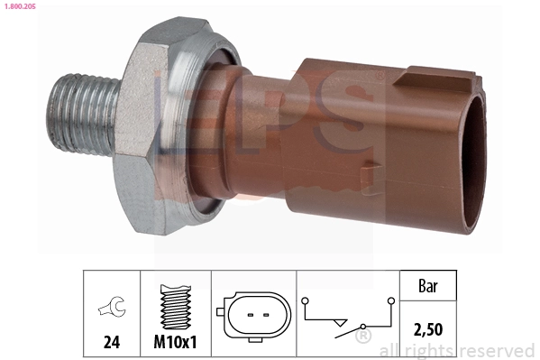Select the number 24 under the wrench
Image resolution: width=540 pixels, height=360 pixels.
(112, 344)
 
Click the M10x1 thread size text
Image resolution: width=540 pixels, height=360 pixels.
(174, 344)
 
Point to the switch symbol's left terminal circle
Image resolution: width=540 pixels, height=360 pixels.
(306, 301)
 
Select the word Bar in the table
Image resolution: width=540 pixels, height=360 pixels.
(427, 287)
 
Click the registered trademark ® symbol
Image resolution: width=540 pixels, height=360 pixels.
(363, 337)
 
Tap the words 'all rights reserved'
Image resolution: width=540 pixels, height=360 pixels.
(457, 350)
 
